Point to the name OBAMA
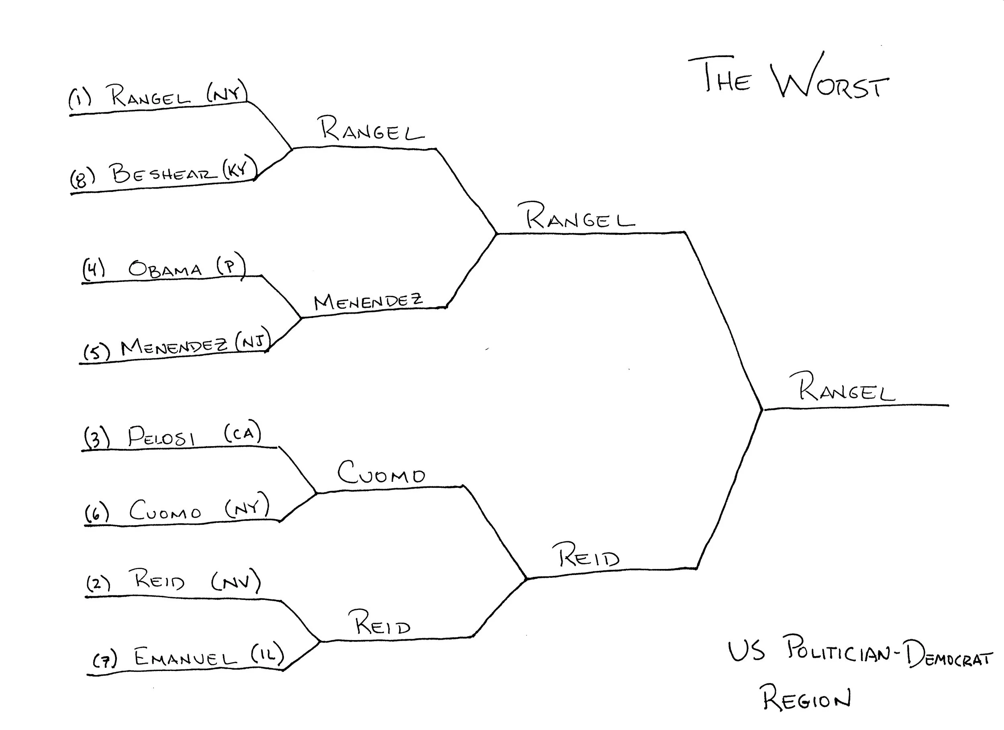pos(165,269)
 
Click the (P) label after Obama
pos(231,265)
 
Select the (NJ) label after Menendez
pos(253,341)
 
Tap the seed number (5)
pos(96,352)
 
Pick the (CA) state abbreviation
pos(242,432)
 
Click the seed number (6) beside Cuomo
pos(96,513)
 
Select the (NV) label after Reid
pos(235,581)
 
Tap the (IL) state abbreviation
pos(267,654)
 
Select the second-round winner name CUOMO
pos(381,473)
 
